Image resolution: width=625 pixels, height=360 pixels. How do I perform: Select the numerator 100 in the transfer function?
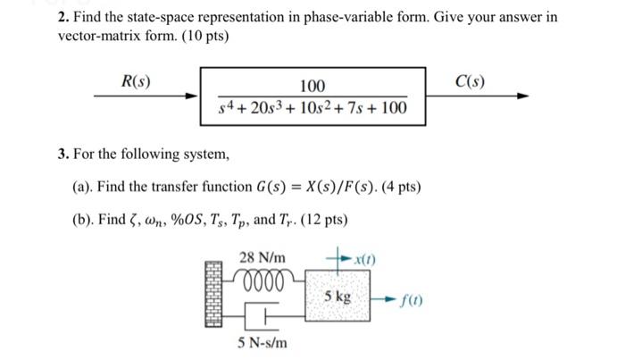click(312, 86)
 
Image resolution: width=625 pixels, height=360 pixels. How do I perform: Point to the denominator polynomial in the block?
click(312, 109)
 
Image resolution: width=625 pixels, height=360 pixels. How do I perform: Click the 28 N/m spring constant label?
click(260, 258)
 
